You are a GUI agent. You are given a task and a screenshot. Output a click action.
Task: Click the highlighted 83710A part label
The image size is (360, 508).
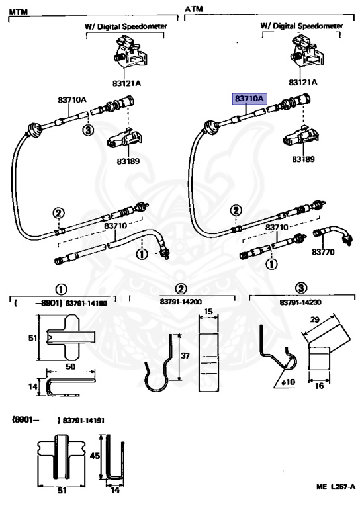click(249, 98)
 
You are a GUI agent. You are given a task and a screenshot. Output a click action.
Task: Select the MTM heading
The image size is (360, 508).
click(18, 12)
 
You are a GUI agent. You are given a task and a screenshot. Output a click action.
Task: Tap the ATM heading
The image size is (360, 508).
click(194, 9)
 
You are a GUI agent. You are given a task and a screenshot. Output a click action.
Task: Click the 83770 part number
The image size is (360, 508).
click(323, 252)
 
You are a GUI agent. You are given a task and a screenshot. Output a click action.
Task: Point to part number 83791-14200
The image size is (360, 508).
click(181, 302)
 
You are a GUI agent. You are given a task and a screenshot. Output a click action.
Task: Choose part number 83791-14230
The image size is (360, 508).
click(300, 302)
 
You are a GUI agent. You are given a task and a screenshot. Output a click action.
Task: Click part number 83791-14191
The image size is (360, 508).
click(83, 421)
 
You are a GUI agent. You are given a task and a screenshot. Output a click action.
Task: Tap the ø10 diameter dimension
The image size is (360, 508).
click(288, 382)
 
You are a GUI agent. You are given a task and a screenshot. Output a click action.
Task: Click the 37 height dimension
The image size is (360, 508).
click(185, 356)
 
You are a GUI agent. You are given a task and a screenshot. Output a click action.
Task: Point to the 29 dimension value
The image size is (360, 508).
click(315, 319)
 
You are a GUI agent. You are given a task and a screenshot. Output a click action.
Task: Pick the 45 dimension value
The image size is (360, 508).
click(95, 456)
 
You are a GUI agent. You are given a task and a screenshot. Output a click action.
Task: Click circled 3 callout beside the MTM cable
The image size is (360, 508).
click(88, 130)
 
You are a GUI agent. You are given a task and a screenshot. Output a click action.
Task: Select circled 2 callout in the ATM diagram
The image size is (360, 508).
click(236, 210)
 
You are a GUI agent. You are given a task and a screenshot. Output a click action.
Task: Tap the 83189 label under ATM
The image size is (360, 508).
click(303, 159)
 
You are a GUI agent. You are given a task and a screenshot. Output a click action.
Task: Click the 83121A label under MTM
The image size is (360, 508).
click(126, 83)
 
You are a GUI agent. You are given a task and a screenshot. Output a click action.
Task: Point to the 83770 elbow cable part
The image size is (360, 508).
click(333, 235)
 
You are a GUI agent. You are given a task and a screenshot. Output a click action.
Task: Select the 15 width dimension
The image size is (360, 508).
click(209, 312)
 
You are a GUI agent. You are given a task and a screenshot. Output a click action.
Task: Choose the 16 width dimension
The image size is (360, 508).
click(319, 386)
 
